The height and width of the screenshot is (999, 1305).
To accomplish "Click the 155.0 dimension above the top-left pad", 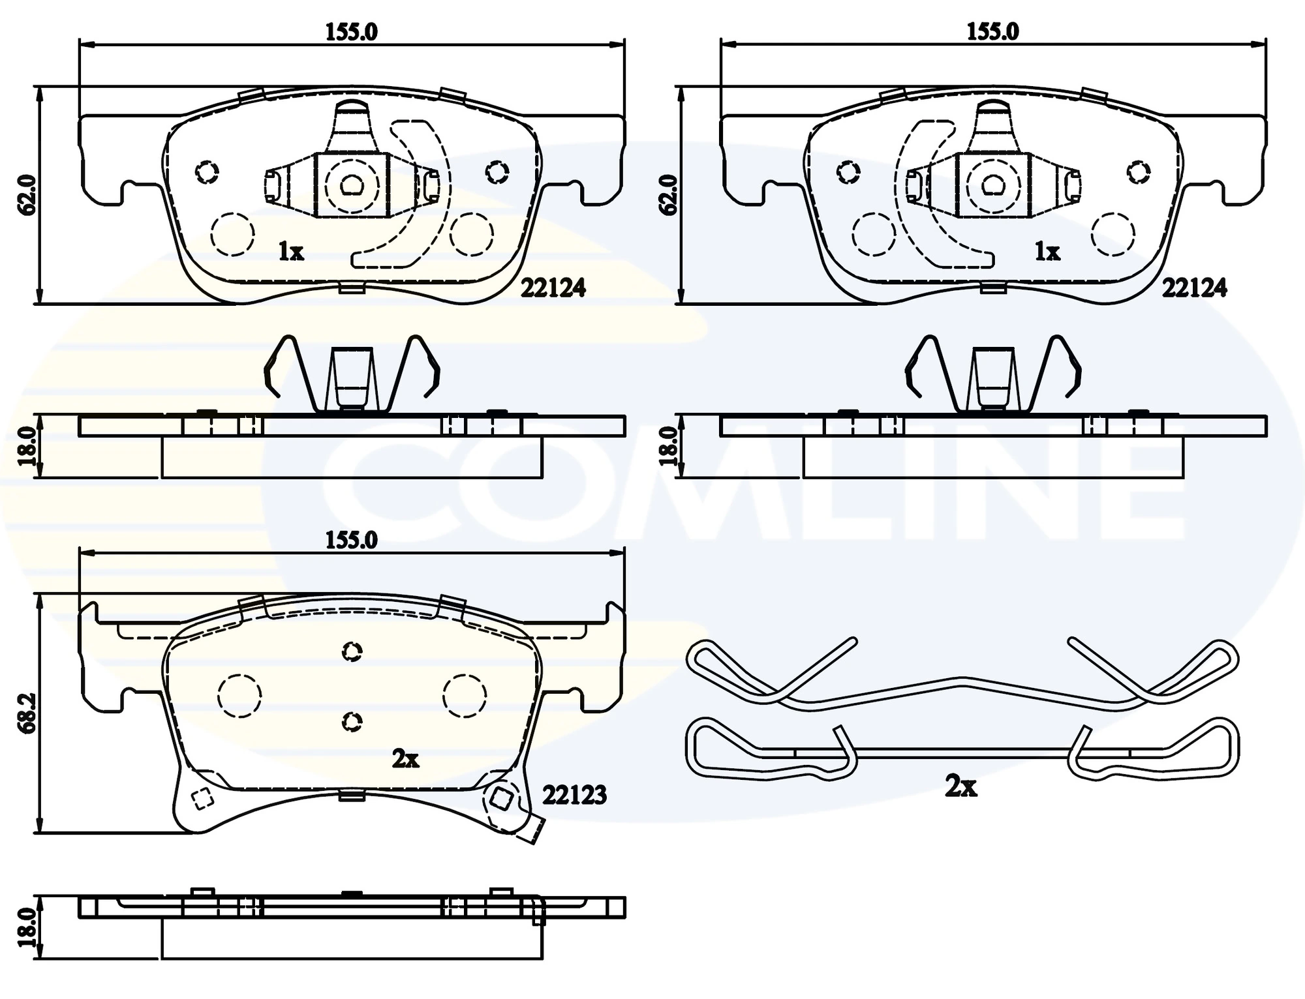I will point(352,32).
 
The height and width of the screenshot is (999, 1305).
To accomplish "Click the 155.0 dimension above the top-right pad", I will point(992,32).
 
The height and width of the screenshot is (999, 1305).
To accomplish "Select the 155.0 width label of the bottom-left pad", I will point(352,541).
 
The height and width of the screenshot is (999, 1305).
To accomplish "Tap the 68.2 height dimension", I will point(27,713).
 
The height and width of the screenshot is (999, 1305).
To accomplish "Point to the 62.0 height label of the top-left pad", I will point(27,194).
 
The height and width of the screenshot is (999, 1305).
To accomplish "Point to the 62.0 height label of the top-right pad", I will point(668,194).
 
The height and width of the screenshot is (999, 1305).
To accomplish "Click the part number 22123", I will point(574,795).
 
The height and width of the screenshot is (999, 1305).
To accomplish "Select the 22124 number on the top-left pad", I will point(553,288).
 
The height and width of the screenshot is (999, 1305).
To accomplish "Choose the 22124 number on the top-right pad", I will point(1194,288).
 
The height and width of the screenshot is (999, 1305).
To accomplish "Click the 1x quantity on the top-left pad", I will point(291,252).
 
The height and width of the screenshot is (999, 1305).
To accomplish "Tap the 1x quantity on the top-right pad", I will point(1047,252).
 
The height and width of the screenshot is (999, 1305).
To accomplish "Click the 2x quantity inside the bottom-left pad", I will point(405,759).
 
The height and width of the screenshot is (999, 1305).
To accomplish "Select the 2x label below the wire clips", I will point(961,788).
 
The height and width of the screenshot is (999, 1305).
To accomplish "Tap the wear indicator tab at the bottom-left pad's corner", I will point(532,831).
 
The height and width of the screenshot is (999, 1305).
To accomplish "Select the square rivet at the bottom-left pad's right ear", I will point(500,797).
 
